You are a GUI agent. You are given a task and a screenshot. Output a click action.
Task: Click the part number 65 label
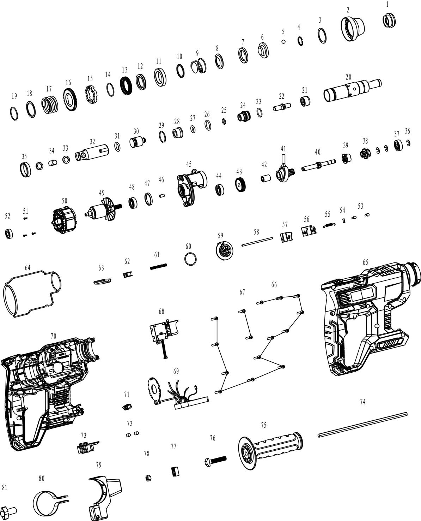(365, 262)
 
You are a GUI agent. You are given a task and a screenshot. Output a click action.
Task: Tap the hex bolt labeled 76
(215, 460)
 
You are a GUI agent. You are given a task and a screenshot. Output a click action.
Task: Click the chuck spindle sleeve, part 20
(352, 90)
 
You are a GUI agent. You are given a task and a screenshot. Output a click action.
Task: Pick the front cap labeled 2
(353, 26)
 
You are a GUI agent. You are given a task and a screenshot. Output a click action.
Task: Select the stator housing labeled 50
(64, 221)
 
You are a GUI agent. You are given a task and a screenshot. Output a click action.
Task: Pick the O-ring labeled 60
(190, 259)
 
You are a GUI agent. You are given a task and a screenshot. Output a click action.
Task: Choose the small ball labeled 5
(283, 42)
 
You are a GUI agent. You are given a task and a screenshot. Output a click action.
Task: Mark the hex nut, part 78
(148, 478)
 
